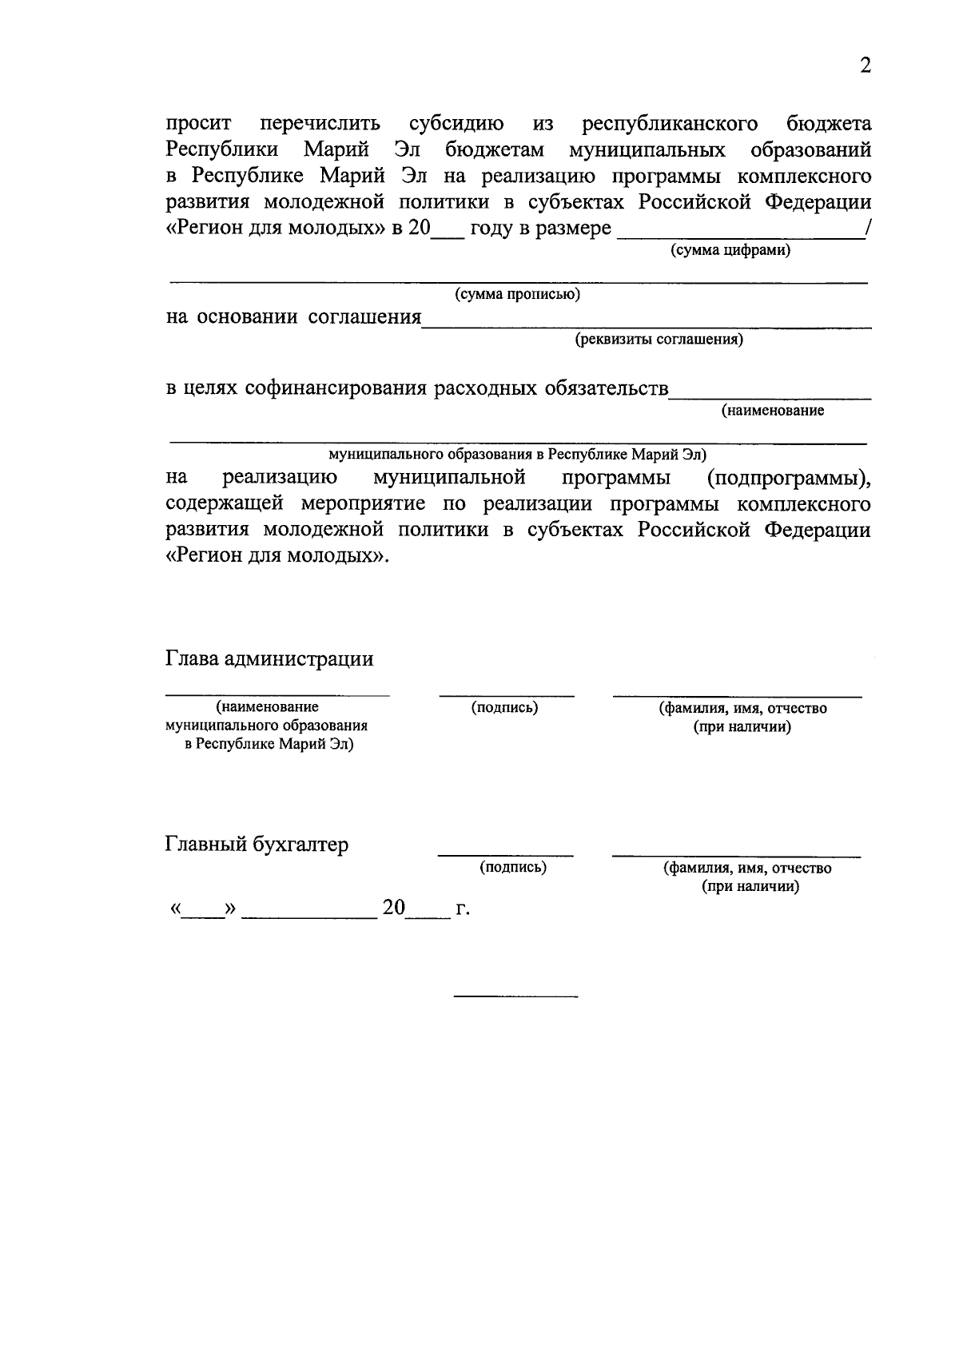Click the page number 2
pyautogui.click(x=865, y=66)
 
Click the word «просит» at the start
pyautogui.click(x=198, y=124)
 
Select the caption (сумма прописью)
pyautogui.click(x=517, y=295)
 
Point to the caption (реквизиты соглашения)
pyautogui.click(x=659, y=340)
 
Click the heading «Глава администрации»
pyautogui.click(x=269, y=659)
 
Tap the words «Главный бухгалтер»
pyautogui.click(x=257, y=845)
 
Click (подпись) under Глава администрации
pyautogui.click(x=504, y=708)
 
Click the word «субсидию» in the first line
pyautogui.click(x=456, y=124)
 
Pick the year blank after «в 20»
pyautogui.click(x=446, y=233)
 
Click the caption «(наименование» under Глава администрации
pyautogui.click(x=267, y=707)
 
